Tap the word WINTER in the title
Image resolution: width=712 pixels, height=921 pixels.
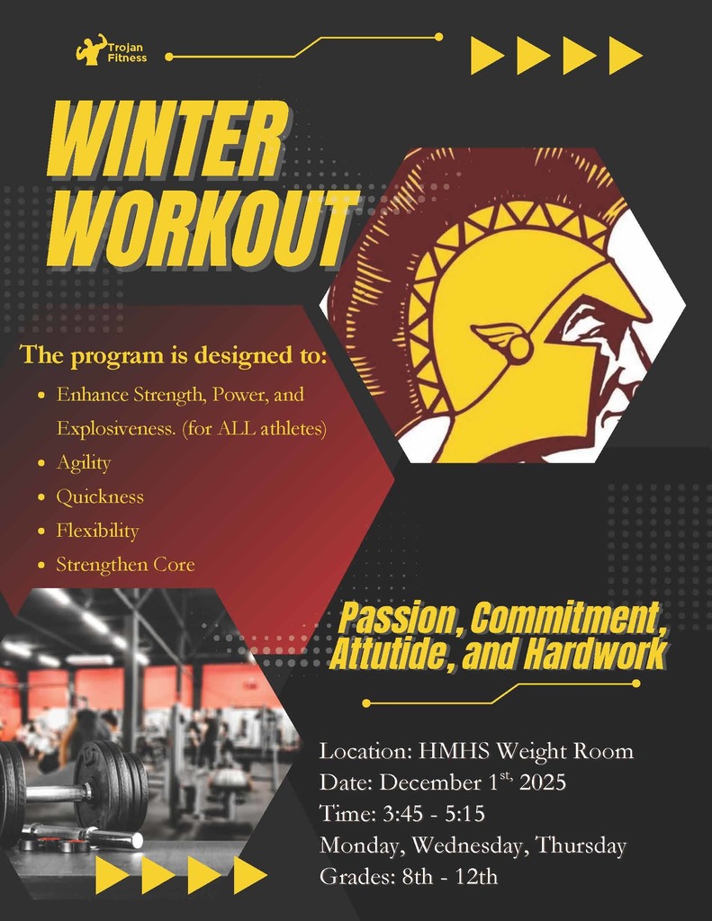(x=167, y=139)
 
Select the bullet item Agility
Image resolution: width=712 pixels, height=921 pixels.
(x=84, y=462)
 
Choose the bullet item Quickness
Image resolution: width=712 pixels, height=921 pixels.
(x=100, y=496)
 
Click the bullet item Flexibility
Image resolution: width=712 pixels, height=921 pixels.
(x=97, y=531)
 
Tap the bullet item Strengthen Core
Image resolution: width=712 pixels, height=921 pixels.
(x=125, y=565)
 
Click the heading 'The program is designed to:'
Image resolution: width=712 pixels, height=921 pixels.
(x=174, y=354)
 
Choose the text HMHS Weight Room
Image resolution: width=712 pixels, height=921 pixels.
(x=526, y=751)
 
